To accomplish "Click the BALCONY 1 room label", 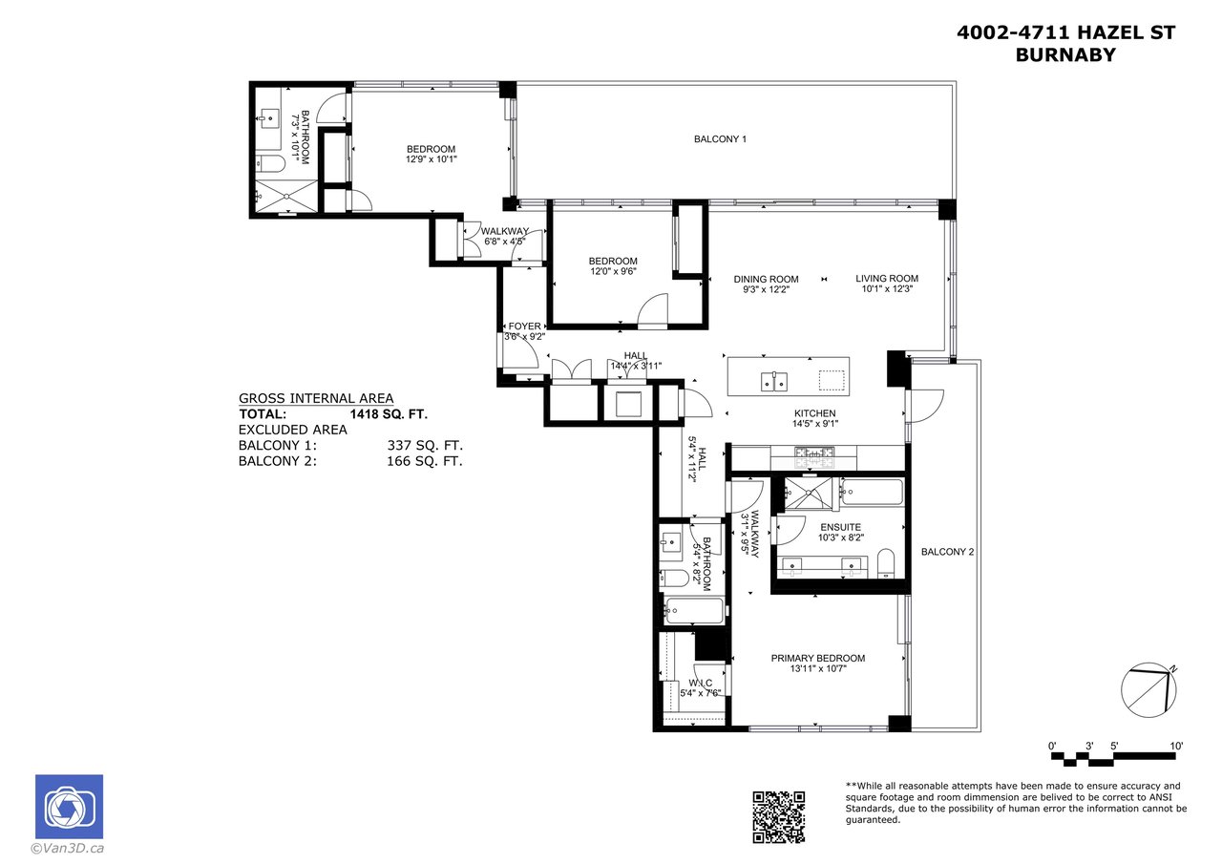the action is point(720,139).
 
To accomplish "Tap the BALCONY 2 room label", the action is point(948,552).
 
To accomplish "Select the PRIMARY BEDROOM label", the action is point(818,659).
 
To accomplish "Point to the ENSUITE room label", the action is point(841,527).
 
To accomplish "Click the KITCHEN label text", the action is point(815,413).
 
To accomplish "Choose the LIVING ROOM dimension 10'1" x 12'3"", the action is point(887,289).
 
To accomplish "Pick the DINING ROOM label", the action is point(766,280).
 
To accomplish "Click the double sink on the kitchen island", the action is point(774,382).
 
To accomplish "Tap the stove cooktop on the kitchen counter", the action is point(814,457).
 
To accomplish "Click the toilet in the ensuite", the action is point(886,563).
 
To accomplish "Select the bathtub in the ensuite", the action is point(872,492).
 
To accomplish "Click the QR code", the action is point(778,817).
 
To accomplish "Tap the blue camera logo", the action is point(70,807).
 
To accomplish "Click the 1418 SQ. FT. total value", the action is point(389,414).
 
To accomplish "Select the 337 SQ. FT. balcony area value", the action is point(425,445).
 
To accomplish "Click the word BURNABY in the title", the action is point(1065,55).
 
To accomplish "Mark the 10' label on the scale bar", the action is point(1176,747).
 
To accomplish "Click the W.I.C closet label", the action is point(701,683).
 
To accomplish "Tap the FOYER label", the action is point(524,327).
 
